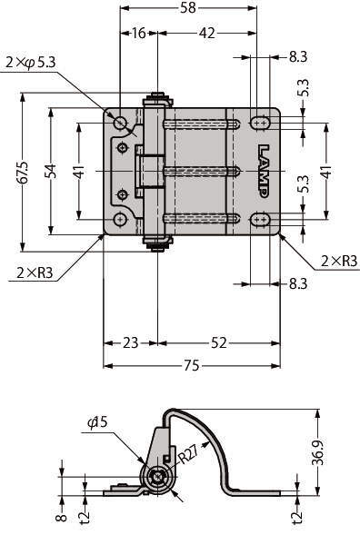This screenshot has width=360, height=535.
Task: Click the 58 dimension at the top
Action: (188, 7)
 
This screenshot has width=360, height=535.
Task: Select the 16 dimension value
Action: (139, 33)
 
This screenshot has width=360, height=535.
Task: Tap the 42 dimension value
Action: (207, 33)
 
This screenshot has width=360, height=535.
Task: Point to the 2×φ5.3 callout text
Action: (30, 63)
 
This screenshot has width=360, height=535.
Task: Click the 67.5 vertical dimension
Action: (24, 173)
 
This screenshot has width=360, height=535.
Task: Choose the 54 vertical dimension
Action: (50, 172)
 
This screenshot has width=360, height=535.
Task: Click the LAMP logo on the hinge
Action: (264, 171)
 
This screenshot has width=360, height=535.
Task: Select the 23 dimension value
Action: (130, 342)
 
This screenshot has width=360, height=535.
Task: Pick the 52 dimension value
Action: (218, 342)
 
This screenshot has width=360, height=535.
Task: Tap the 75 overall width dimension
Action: (191, 366)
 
